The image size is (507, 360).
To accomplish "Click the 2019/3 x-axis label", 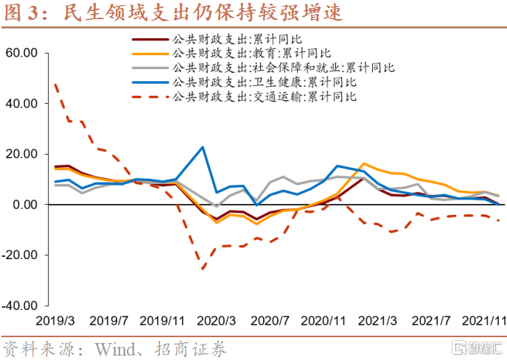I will pos(55,321).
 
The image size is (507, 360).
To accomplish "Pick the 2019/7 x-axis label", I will pos(108,321).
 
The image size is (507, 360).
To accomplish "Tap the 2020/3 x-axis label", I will pos(217,321).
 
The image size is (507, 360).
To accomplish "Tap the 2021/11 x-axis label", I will pos(482,321).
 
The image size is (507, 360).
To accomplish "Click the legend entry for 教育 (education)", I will pos(251,52).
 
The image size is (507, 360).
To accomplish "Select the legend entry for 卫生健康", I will pos(262,81).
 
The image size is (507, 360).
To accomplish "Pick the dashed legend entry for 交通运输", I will pos(262,96).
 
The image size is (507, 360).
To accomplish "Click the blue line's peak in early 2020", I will pos(203,147).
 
